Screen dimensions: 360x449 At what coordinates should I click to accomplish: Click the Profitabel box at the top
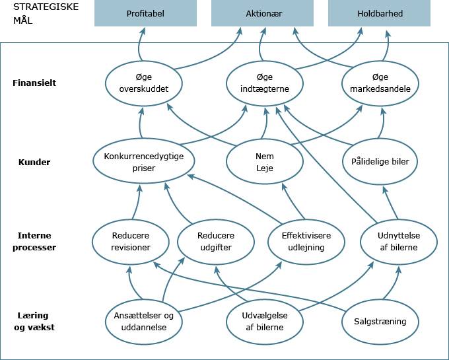click(x=145, y=13)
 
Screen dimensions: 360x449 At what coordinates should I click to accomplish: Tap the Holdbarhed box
click(x=379, y=13)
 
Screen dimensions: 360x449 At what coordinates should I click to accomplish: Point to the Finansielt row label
click(x=34, y=83)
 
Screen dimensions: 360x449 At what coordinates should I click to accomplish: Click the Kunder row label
click(x=34, y=162)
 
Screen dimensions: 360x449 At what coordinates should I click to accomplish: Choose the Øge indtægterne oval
click(x=266, y=83)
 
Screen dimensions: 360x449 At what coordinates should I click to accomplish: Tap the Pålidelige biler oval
click(x=381, y=161)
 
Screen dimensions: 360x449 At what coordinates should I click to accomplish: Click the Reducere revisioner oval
click(x=131, y=242)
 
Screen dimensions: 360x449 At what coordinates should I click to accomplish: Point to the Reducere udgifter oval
click(x=216, y=242)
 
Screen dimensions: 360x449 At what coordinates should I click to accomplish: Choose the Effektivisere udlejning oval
click(x=306, y=242)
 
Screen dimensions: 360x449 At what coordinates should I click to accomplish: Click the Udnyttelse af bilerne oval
click(x=398, y=242)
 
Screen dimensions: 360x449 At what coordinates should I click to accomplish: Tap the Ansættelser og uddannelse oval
click(x=143, y=322)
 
